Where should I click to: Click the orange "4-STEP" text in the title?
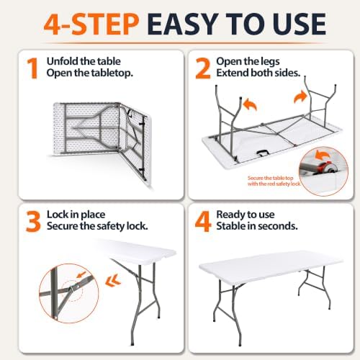tap(91, 24)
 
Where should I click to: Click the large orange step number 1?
tap(32, 68)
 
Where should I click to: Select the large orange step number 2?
tap(203, 68)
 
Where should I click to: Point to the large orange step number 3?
tap(33, 221)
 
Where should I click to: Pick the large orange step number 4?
tap(203, 221)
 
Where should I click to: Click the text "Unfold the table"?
tap(84, 61)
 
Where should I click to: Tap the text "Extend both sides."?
tap(258, 73)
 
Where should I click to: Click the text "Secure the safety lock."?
tap(97, 226)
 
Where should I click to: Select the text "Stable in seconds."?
tap(257, 226)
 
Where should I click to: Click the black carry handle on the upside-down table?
tap(262, 153)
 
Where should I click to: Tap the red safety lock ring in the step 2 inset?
tap(325, 167)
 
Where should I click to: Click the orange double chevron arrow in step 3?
tap(113, 281)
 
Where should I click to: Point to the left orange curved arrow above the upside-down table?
tap(250, 105)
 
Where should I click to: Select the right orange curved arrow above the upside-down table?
tap(300, 98)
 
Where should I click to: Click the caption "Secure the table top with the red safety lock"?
tap(274, 181)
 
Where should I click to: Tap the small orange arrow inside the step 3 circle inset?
tap(81, 274)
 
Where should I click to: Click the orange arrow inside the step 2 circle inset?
tap(323, 155)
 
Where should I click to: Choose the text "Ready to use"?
tap(246, 215)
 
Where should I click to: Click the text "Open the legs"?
tap(248, 61)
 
